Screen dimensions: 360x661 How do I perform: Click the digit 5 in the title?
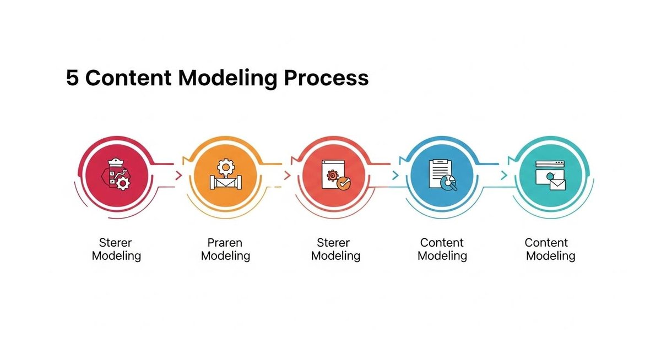click(x=72, y=78)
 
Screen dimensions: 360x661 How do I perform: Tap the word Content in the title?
click(x=131, y=78)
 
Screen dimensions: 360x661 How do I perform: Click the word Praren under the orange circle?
click(x=225, y=242)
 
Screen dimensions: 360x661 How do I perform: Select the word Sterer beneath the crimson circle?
click(x=116, y=242)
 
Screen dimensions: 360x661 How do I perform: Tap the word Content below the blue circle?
click(x=442, y=242)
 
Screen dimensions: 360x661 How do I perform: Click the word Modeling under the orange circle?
click(x=225, y=256)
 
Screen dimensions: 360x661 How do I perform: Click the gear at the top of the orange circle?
click(x=224, y=166)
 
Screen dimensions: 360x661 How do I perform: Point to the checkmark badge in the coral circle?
click(x=343, y=184)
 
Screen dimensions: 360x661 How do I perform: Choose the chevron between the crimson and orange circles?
click(x=178, y=176)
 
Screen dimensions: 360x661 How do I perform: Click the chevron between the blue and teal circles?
click(x=503, y=176)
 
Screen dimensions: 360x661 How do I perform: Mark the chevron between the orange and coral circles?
click(x=287, y=176)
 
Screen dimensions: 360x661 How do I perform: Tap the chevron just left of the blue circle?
click(x=395, y=176)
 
